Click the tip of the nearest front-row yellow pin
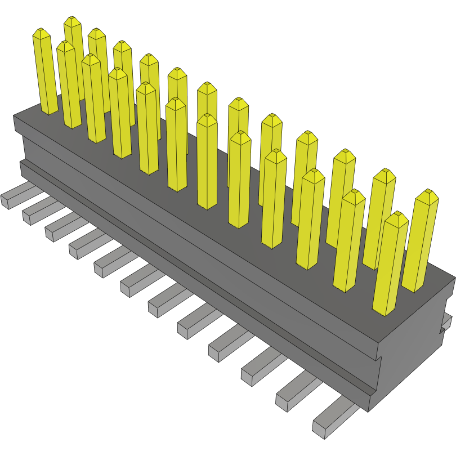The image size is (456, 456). [399, 216]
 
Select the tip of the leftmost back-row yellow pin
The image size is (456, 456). [72, 21]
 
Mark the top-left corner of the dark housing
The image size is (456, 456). [14, 116]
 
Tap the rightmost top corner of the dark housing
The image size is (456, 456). [455, 277]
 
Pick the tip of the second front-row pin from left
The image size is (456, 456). [66, 45]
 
